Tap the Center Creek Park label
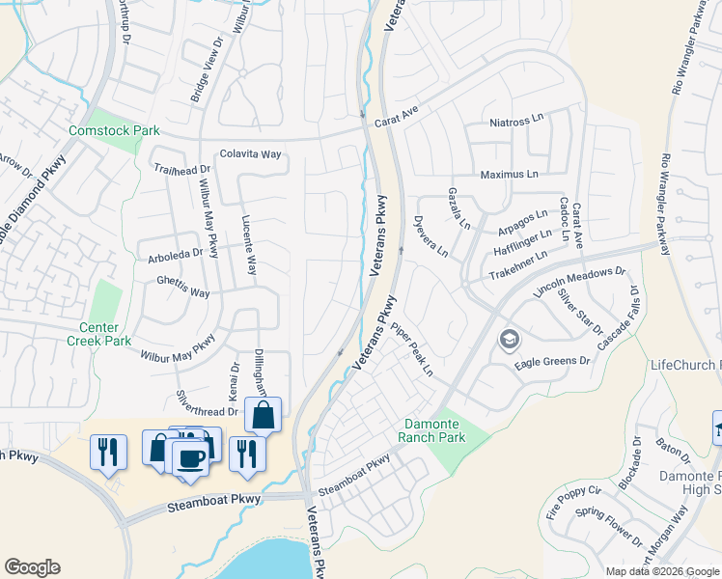coord(98,334)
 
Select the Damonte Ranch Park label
coord(431,430)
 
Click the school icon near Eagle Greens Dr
coord(509,341)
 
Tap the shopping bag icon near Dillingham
coord(263,416)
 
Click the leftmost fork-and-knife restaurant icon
coord(108,451)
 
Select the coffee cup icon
coord(190,455)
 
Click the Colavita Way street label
coord(250,153)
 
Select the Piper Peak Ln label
coord(412,349)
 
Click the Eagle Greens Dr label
coord(552,361)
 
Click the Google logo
coord(33,567)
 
